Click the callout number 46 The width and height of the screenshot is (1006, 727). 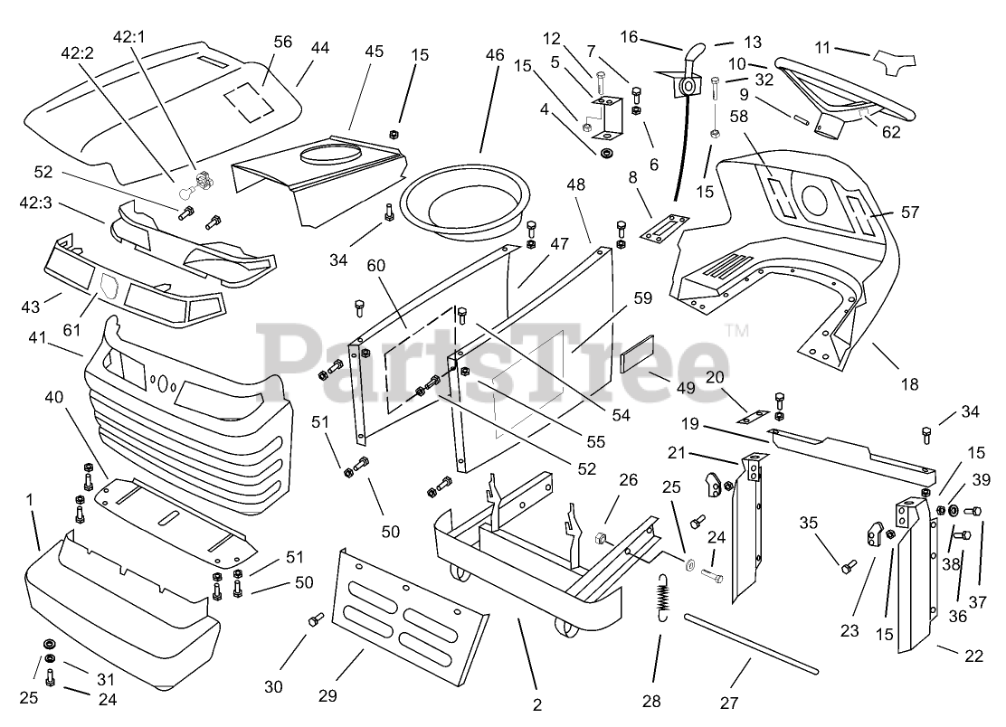point(494,55)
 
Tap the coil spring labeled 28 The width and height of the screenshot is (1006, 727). point(667,599)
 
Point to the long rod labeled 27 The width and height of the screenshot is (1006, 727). point(751,644)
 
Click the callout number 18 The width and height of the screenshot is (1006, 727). point(909,384)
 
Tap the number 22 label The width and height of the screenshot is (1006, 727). point(973,656)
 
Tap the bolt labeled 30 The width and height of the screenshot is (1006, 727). point(316,620)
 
